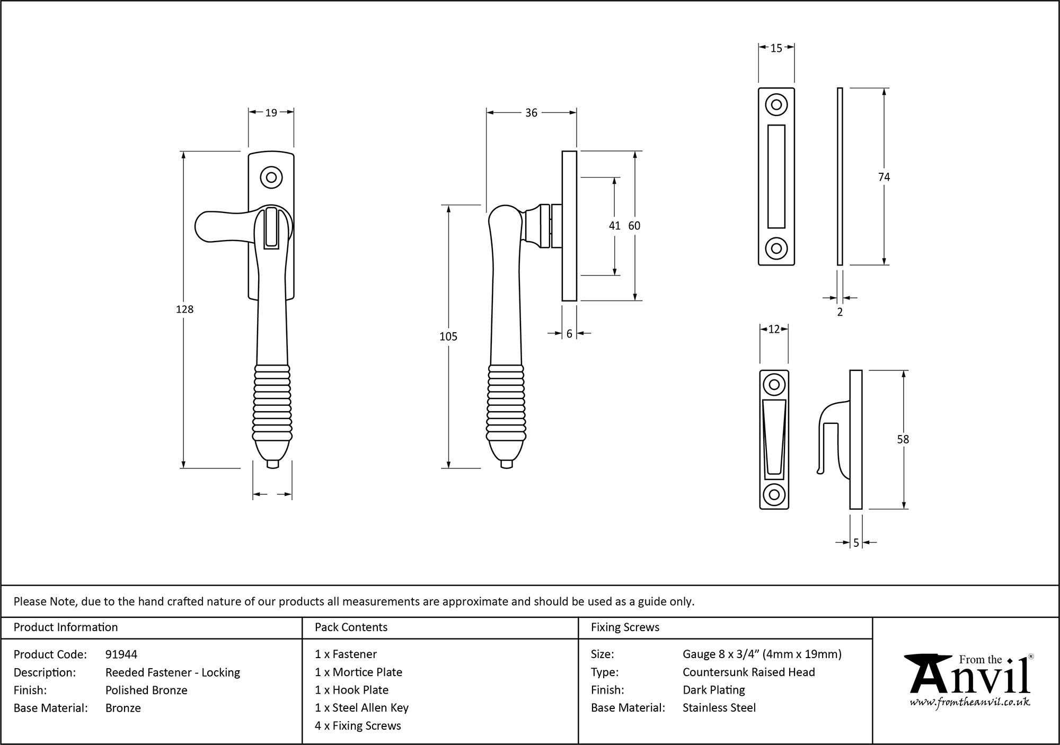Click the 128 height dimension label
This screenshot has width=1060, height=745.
184,309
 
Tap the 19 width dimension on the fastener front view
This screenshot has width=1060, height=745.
271,112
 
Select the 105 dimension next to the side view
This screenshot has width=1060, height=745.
448,336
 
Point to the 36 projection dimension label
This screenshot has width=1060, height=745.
531,113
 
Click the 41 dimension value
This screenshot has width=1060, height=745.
614,226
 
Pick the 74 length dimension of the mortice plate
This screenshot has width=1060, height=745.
884,177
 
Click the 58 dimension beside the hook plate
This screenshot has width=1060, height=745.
903,439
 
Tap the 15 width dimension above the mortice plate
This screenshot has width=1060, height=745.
776,48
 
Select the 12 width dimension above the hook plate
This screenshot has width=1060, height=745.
774,330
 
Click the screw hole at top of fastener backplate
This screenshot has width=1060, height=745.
271,178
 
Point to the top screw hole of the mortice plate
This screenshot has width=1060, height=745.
776,104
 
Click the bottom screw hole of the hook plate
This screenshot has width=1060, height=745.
774,495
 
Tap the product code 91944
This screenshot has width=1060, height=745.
121,654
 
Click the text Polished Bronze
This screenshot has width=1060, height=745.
146,690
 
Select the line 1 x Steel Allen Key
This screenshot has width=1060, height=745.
361,708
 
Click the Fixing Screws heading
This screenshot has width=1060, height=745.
625,627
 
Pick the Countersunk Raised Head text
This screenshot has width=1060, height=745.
748,672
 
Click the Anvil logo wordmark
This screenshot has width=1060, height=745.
969,677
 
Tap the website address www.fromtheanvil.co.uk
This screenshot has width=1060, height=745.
970,702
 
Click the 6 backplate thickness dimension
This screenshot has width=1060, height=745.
569,334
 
